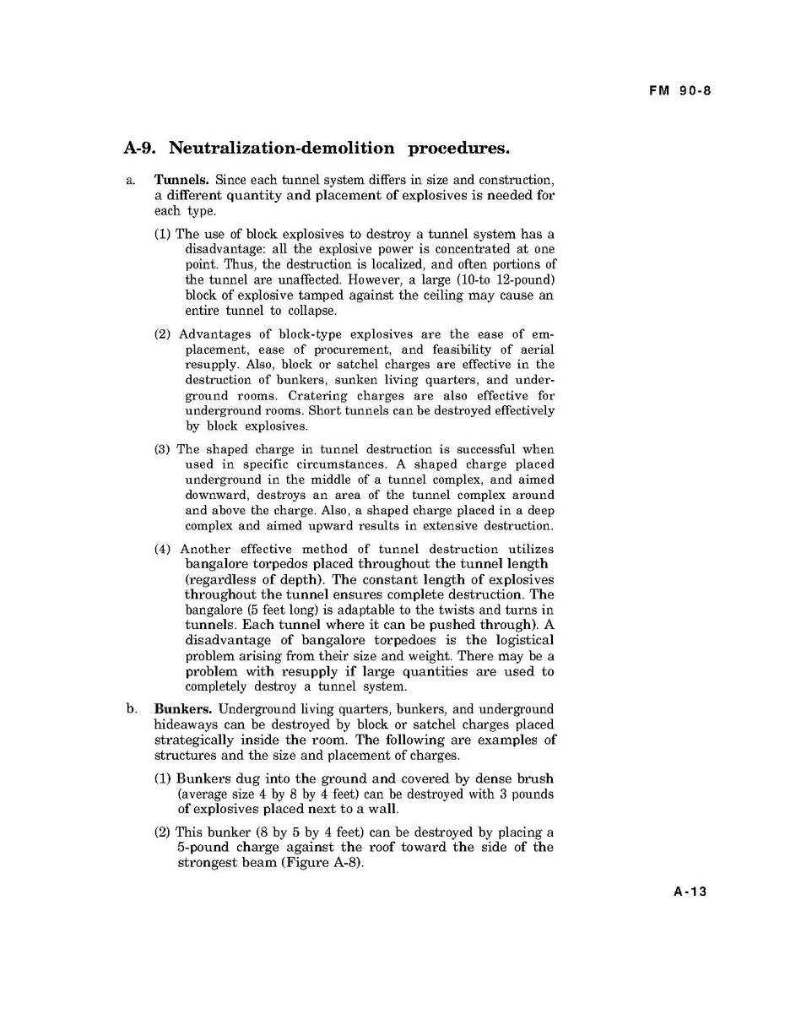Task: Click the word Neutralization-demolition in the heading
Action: click(x=283, y=149)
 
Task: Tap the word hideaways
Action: click(x=186, y=725)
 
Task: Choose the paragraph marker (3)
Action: click(x=163, y=449)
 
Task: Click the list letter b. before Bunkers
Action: click(x=131, y=709)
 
